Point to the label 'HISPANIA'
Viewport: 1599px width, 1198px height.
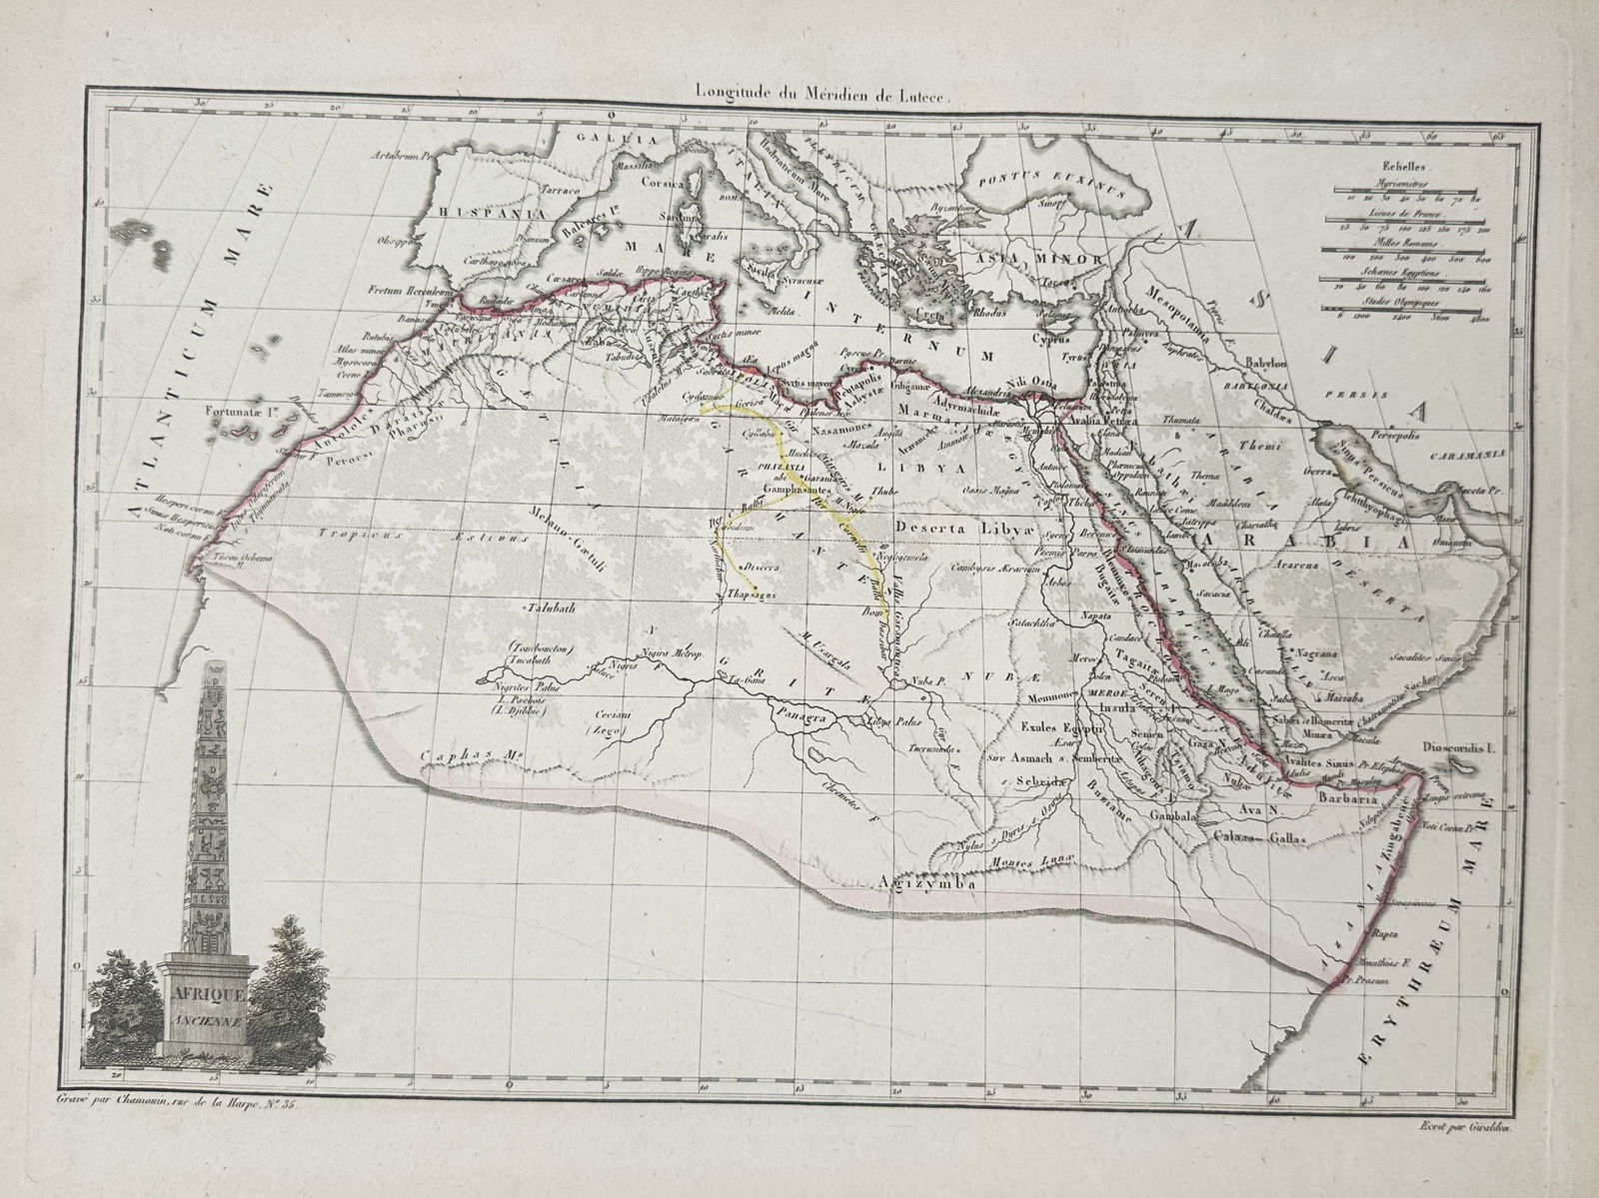(x=490, y=213)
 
